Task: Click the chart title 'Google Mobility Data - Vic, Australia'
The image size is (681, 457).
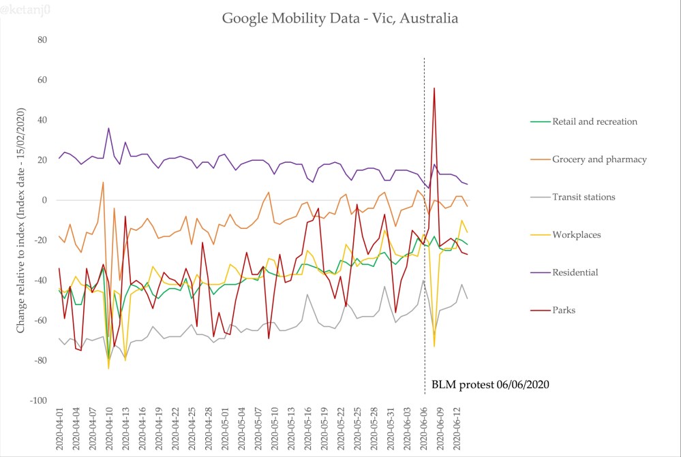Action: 340,18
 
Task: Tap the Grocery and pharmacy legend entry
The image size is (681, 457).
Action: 588,159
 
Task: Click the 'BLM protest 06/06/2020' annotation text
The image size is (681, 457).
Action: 490,385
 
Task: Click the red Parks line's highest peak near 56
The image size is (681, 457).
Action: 434,89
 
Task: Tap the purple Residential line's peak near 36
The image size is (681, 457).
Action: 108,129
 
